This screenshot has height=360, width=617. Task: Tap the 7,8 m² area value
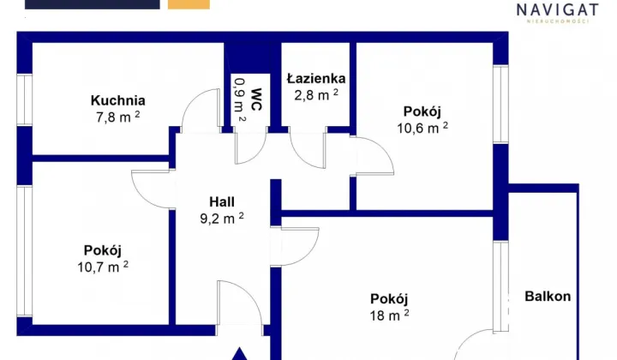point(119,117)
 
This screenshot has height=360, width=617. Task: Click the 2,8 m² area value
point(314,94)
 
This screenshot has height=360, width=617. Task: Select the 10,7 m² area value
point(103,267)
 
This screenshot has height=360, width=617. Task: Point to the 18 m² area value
point(388,315)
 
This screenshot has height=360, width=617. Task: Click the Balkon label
point(548,297)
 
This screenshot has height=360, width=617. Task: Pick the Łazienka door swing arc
point(307,151)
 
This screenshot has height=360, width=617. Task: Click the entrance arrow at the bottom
point(241,353)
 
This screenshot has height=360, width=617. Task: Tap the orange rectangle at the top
point(189,4)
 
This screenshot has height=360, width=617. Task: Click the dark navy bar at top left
point(93,4)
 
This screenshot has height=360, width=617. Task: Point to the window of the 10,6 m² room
point(500,105)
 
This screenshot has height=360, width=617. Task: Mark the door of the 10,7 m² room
point(154,187)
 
